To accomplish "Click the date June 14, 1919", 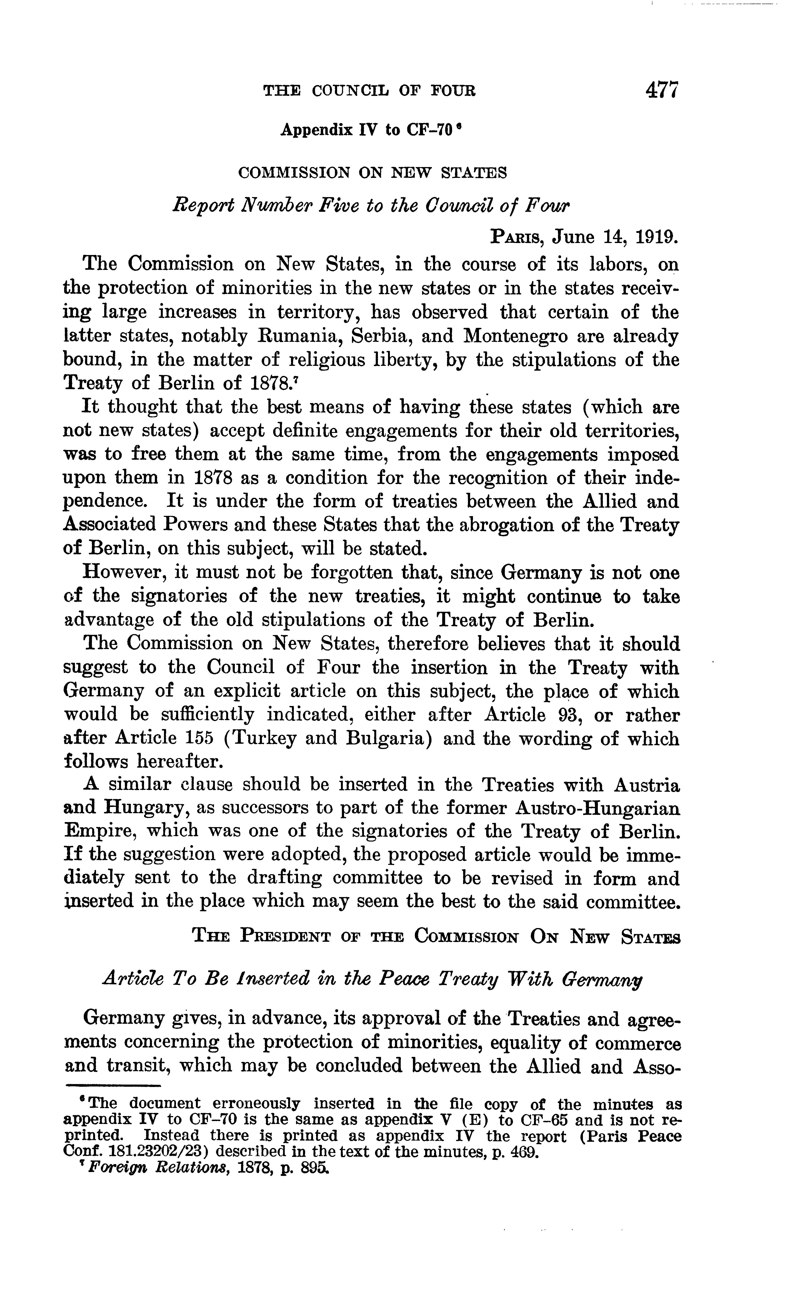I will pos(615,237).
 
